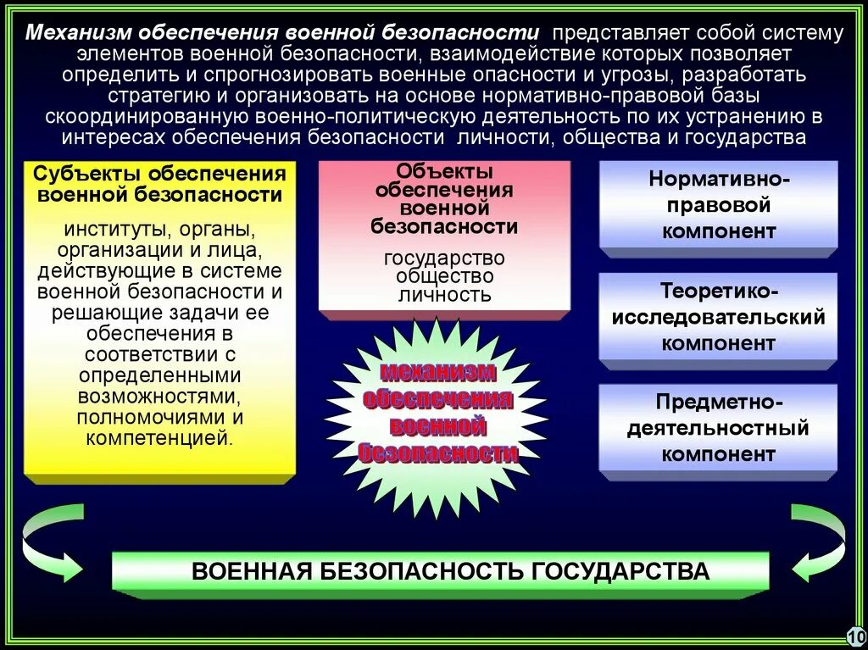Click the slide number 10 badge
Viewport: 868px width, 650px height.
[854, 635]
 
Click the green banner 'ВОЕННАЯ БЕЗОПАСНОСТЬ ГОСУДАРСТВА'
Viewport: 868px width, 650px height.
[440, 571]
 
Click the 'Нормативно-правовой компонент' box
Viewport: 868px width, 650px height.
[718, 204]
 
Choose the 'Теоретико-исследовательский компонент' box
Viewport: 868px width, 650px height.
[718, 317]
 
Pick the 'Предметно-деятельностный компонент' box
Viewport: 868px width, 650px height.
[718, 428]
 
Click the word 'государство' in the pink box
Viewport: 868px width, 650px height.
[444, 257]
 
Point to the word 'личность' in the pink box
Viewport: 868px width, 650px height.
[444, 295]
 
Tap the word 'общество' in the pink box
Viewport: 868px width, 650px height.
[444, 276]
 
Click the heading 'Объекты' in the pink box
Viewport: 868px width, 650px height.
[444, 172]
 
